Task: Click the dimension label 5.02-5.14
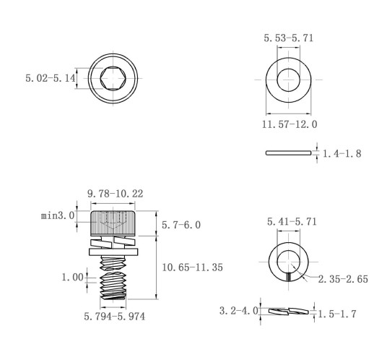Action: click(x=51, y=78)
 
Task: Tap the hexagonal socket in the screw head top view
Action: click(x=113, y=78)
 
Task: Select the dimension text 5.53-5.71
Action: click(x=289, y=38)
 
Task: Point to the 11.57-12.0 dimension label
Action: click(x=290, y=124)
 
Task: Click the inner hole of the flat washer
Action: click(x=288, y=80)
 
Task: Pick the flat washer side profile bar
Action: click(x=288, y=153)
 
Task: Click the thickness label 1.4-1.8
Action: click(x=342, y=153)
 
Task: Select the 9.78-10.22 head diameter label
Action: click(x=116, y=194)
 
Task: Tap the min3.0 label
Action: click(x=58, y=215)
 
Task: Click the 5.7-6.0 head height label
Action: click(x=181, y=225)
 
